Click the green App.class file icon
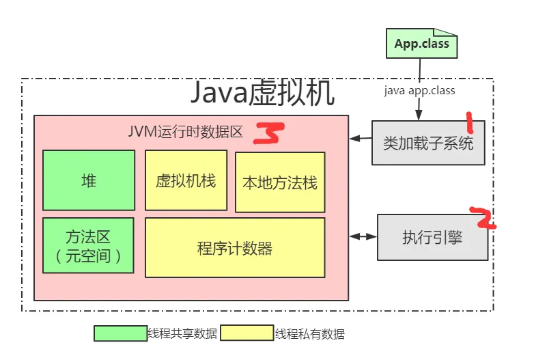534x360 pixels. coord(421,44)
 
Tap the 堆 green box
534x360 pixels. coord(89,180)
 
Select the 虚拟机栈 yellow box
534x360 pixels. coord(186,181)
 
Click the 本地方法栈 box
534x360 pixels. coord(280,182)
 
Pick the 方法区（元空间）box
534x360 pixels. coord(89,245)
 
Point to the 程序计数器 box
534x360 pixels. coord(235,248)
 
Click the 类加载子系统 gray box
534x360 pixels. coord(428,143)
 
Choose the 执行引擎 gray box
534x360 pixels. coord(432,237)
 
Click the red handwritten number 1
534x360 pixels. coord(470,123)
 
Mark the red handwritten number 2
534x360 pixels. coord(484,217)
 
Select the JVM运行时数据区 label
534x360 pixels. coord(186,132)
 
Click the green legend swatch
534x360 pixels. coord(120,333)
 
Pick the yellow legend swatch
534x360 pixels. coord(247,333)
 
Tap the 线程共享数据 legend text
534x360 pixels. coord(182,334)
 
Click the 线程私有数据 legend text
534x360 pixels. coord(309,334)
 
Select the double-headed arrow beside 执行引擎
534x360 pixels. coord(363,236)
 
